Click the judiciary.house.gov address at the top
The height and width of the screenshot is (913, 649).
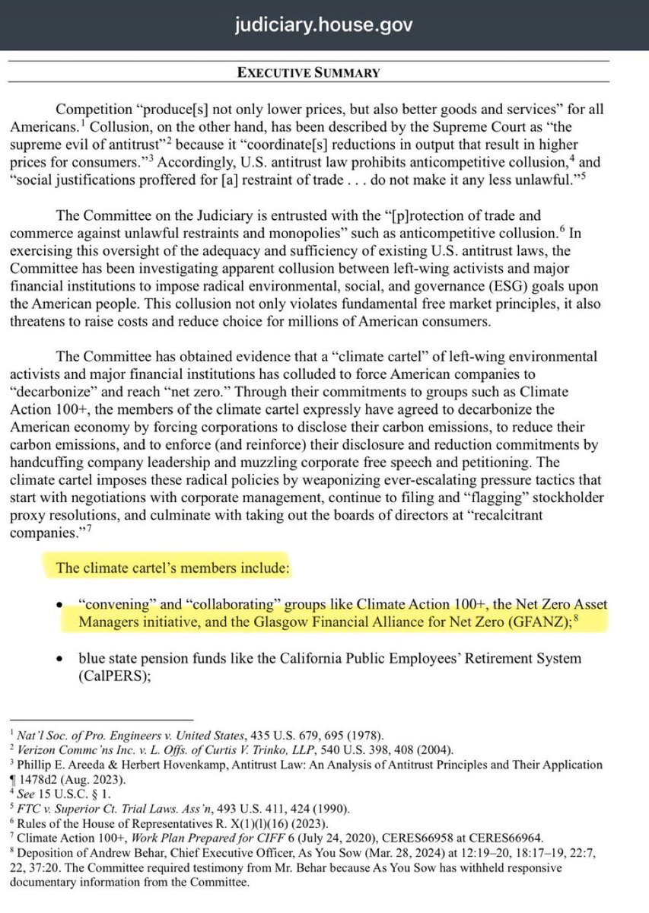pyautogui.click(x=324, y=25)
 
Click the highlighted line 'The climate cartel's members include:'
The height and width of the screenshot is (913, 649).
pyautogui.click(x=173, y=568)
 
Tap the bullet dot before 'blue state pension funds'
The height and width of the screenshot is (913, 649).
pyautogui.click(x=61, y=658)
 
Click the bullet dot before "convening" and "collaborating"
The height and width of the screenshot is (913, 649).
pyautogui.click(x=61, y=605)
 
